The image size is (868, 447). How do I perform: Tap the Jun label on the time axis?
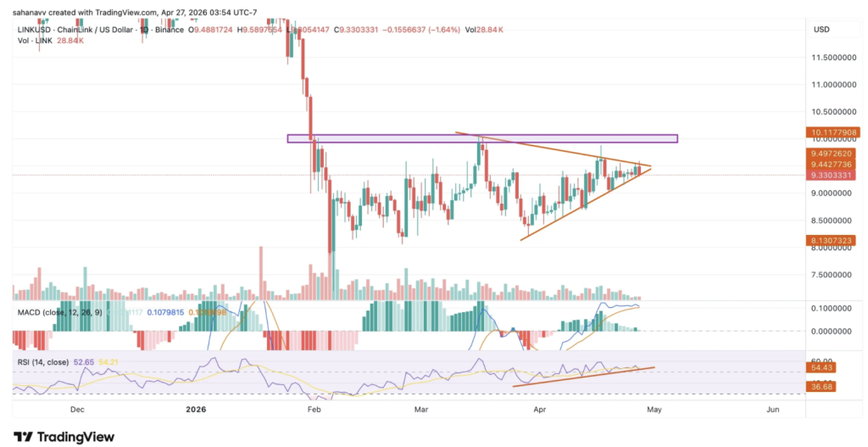click(773, 409)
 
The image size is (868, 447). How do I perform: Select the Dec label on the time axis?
click(77, 409)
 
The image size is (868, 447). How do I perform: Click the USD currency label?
click(821, 30)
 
